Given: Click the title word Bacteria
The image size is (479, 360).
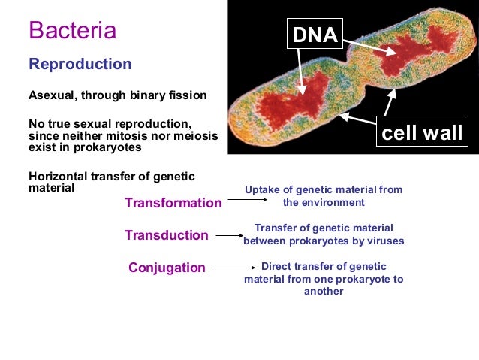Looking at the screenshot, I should (x=72, y=31).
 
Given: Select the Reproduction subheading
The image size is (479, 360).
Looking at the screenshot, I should (x=80, y=64).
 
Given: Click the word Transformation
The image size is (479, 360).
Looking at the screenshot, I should (x=173, y=203).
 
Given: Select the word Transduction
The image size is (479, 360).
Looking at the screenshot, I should (x=167, y=235).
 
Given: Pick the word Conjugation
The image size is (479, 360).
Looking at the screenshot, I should (x=167, y=268).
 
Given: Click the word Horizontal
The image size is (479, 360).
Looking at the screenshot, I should (x=57, y=176).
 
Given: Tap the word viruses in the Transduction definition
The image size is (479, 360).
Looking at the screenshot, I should (x=384, y=241).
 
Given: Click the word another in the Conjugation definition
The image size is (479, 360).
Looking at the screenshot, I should (x=323, y=292).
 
